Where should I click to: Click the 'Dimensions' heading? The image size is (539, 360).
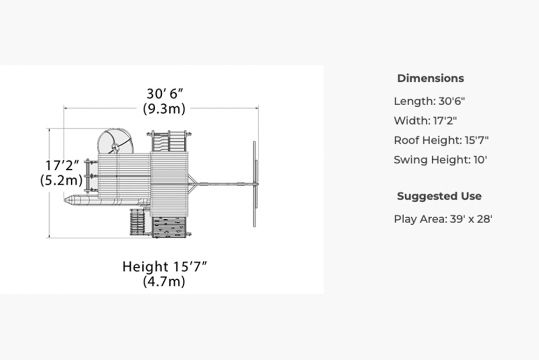[430, 78]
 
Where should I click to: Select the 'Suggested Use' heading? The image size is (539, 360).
[439, 196]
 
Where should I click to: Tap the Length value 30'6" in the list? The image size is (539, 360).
[451, 101]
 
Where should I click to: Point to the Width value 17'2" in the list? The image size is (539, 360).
[445, 121]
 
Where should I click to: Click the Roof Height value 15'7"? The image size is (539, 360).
[477, 140]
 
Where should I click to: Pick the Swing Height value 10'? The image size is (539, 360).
[481, 160]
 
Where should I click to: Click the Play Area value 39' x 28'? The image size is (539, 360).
[471, 219]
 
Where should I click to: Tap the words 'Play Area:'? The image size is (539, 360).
[420, 219]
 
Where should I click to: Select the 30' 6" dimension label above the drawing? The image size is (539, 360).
[164, 94]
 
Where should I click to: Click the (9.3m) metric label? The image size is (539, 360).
[164, 109]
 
